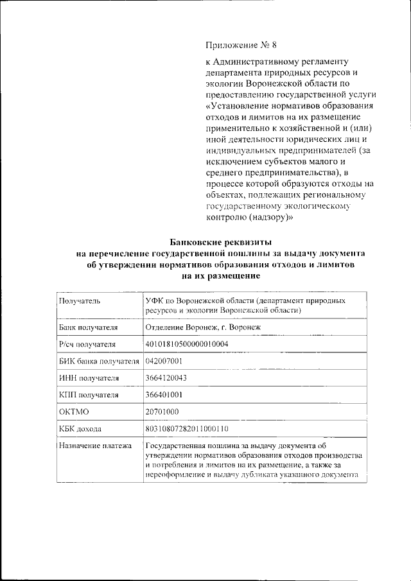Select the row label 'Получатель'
(x=79, y=300)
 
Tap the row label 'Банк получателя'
(x=88, y=327)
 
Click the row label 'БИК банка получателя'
(x=98, y=361)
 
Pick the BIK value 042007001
(x=165, y=361)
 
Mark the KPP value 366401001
(x=165, y=395)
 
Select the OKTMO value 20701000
(x=162, y=412)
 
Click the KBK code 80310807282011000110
(x=188, y=428)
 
